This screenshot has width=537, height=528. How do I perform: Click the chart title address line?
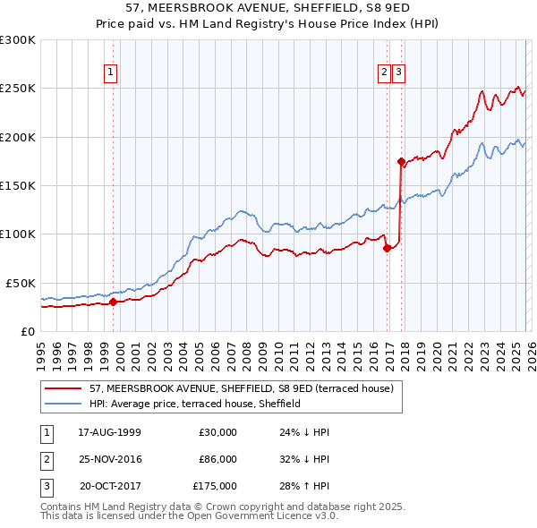pyautogui.click(x=268, y=7)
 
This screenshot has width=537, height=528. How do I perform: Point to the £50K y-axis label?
pyautogui.click(x=21, y=283)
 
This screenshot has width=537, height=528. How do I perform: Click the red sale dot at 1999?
pyautogui.click(x=114, y=302)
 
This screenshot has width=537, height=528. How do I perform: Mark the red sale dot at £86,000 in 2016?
pyautogui.click(x=387, y=249)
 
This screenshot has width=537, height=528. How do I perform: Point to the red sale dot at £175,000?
pyautogui.click(x=401, y=162)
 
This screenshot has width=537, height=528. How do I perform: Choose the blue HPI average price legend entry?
pyautogui.click(x=194, y=404)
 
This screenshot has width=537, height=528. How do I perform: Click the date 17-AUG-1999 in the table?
pyautogui.click(x=110, y=432)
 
